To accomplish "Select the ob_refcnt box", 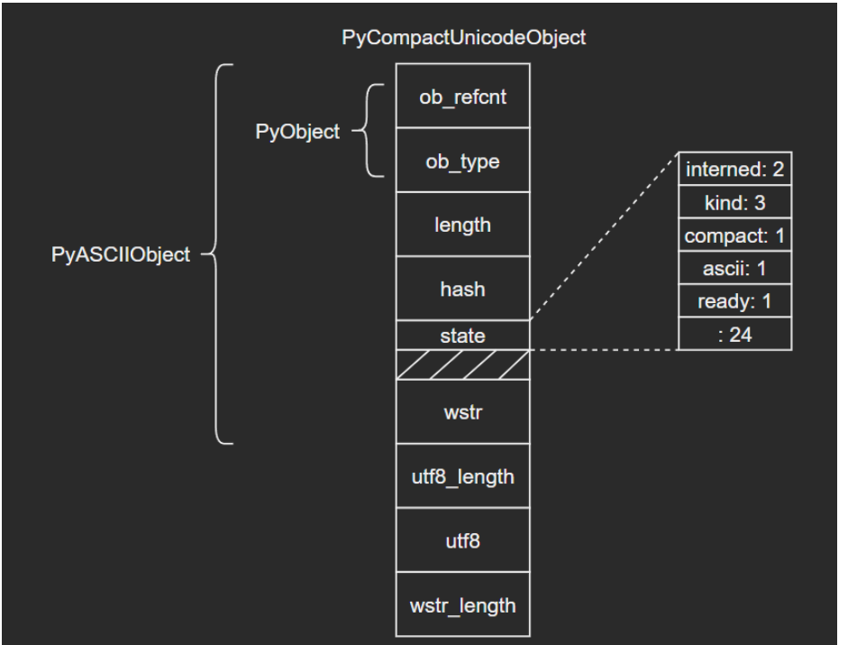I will coord(463,96).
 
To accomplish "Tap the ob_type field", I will coord(463,160).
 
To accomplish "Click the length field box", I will coord(463,224).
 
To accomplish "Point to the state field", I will coord(463,336).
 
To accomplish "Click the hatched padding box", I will coord(463,365).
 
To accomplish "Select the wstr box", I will coord(463,412).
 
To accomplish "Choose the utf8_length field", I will coord(463,476).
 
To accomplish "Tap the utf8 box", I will coord(463,540).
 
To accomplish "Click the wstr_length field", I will coord(463,604).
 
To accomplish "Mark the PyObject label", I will coord(307,132).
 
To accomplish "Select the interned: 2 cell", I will coord(734,169).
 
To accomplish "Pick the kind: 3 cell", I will coord(734,201).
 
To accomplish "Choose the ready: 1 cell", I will coord(734,300).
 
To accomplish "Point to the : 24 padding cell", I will coord(734,333).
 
